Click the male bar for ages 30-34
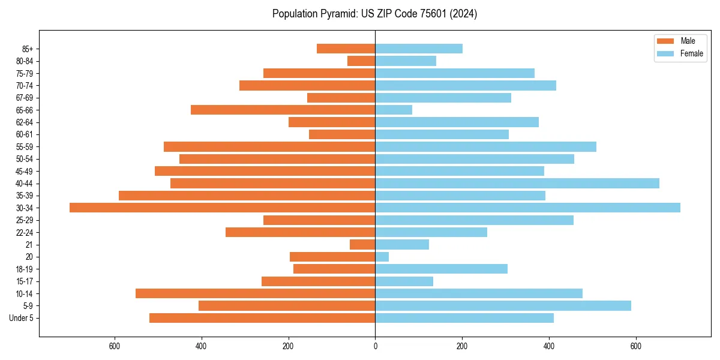pos(222,208)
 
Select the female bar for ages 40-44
pos(517,183)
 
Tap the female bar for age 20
pos(382,257)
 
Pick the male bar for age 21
pos(362,244)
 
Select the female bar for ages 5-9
pos(503,305)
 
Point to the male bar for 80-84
pos(361,61)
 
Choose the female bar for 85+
pos(419,49)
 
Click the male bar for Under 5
pos(262,318)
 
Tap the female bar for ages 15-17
pos(404,281)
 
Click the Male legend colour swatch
pos(665,41)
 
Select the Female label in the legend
pos(691,53)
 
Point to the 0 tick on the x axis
pos(375,346)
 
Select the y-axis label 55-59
pos(24,146)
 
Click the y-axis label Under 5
pos(21,318)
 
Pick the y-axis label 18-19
pos(24,269)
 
